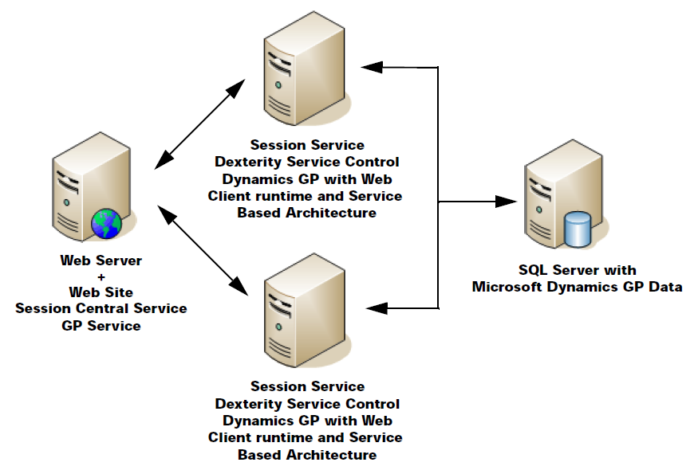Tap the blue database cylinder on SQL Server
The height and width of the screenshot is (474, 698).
[577, 229]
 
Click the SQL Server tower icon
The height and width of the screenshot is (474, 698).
[558, 195]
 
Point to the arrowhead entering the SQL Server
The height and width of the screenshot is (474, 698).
[507, 202]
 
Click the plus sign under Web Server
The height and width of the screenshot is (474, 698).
[101, 276]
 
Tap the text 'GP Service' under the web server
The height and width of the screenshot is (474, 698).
[101, 325]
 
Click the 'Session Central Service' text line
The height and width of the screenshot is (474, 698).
[101, 308]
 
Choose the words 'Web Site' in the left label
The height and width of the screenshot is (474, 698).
[101, 292]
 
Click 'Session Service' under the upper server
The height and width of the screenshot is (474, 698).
[307, 145]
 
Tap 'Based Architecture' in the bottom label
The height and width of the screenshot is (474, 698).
[307, 455]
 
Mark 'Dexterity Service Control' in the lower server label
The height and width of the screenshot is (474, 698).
[307, 404]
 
